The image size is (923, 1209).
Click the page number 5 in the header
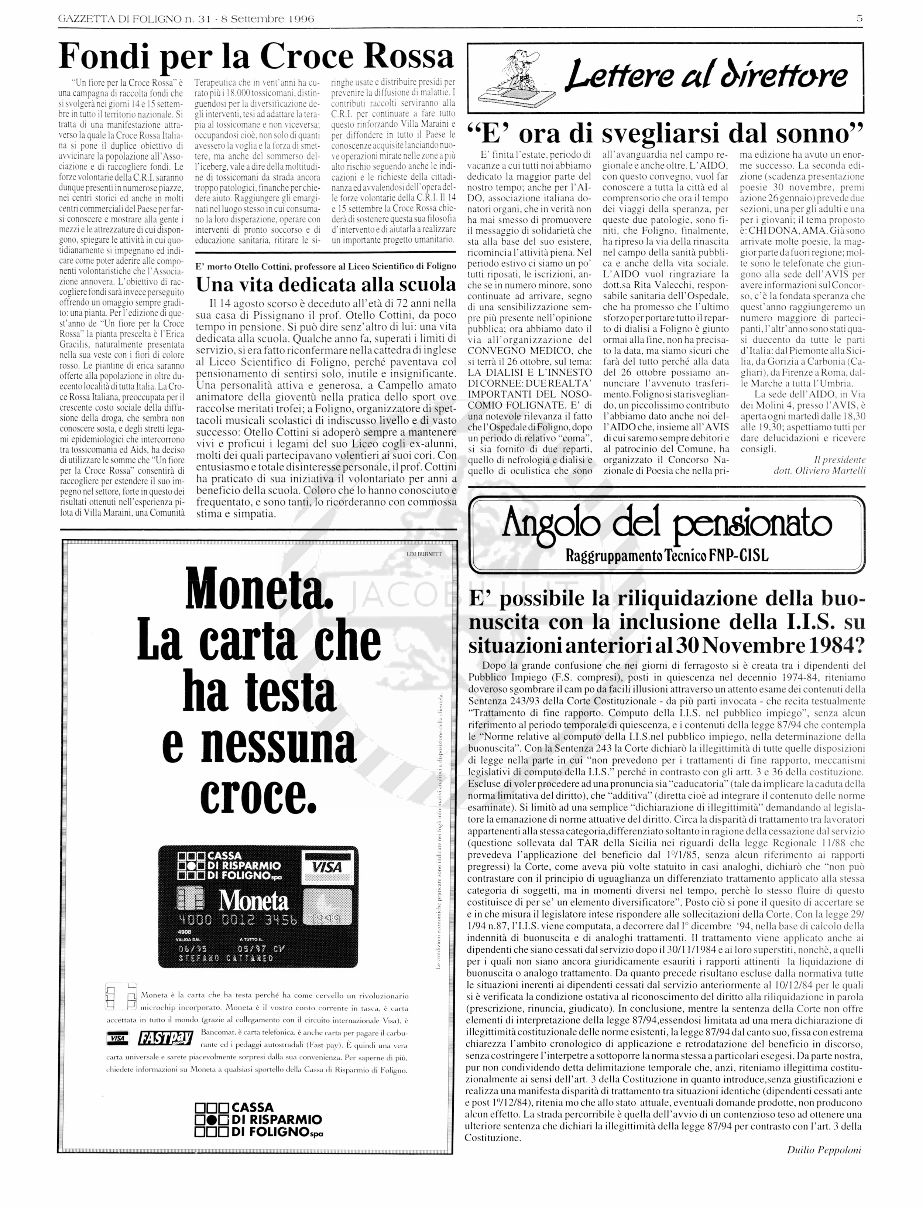(x=859, y=18)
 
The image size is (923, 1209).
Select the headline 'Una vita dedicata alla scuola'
(x=326, y=284)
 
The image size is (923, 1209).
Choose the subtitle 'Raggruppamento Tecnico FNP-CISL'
(x=666, y=556)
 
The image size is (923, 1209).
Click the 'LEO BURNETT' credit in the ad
(x=423, y=554)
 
